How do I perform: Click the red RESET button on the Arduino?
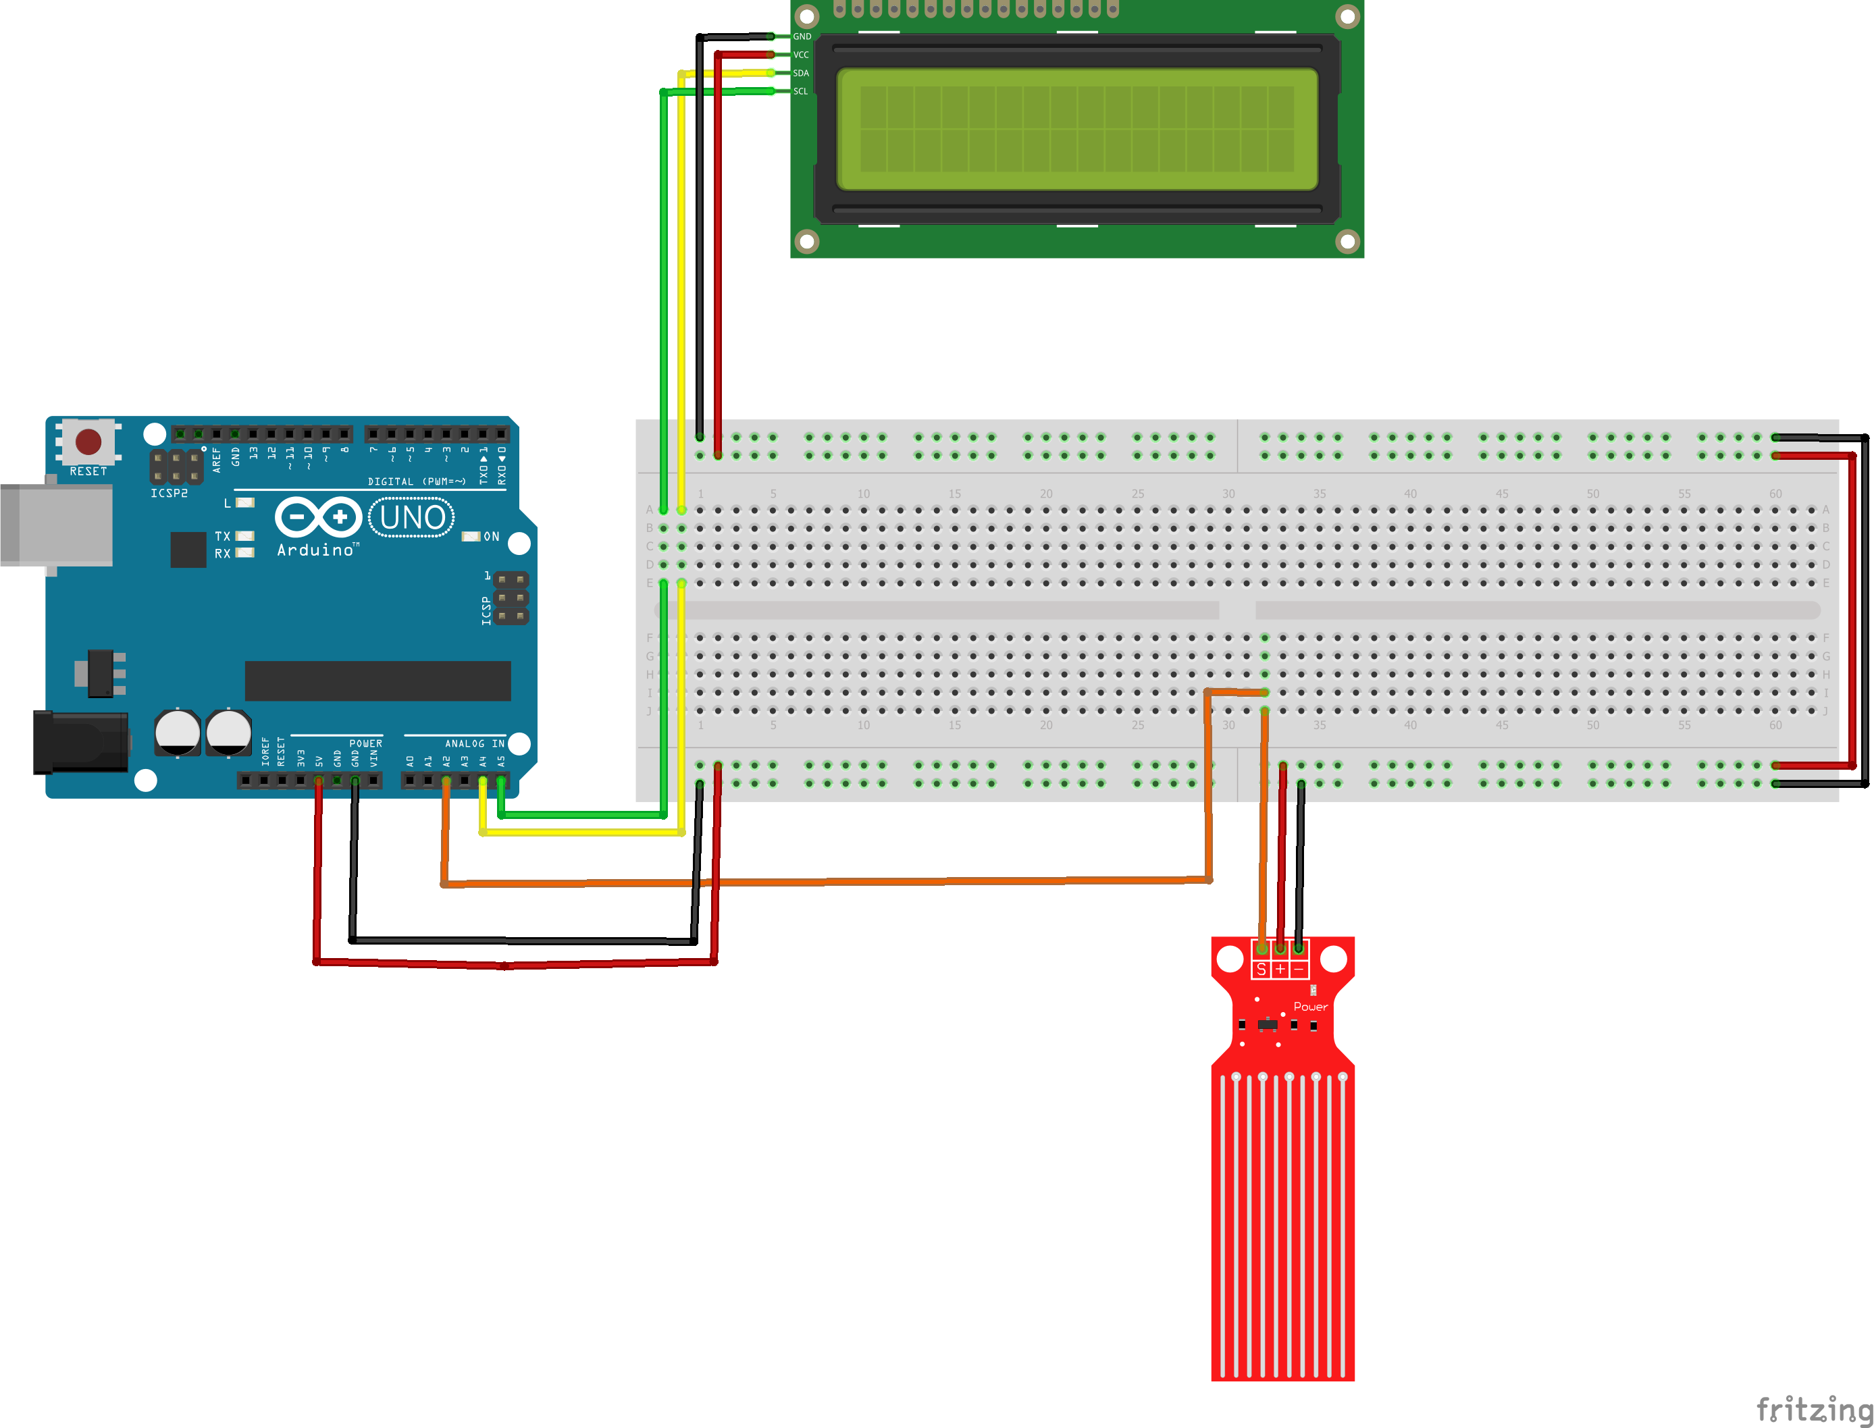pos(88,441)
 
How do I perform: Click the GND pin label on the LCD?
pos(802,36)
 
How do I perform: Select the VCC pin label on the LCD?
pos(801,55)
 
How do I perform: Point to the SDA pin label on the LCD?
pos(801,73)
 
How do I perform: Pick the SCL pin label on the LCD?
pos(801,92)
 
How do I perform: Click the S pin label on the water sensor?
pos(1261,970)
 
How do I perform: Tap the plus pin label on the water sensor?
pos(1280,970)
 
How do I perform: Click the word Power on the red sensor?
pos(1310,1007)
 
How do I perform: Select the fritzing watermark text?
pos(1814,1408)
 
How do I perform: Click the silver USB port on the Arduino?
pos(56,525)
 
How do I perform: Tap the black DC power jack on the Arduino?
pos(81,743)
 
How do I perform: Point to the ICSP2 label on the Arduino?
pos(170,494)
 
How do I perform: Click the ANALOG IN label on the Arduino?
pos(475,744)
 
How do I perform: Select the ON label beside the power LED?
pos(492,536)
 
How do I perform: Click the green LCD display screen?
pos(1076,129)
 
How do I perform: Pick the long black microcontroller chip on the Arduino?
pos(378,681)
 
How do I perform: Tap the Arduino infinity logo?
pos(319,517)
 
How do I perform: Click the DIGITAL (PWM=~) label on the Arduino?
pos(417,482)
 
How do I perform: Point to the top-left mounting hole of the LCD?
pos(807,16)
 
